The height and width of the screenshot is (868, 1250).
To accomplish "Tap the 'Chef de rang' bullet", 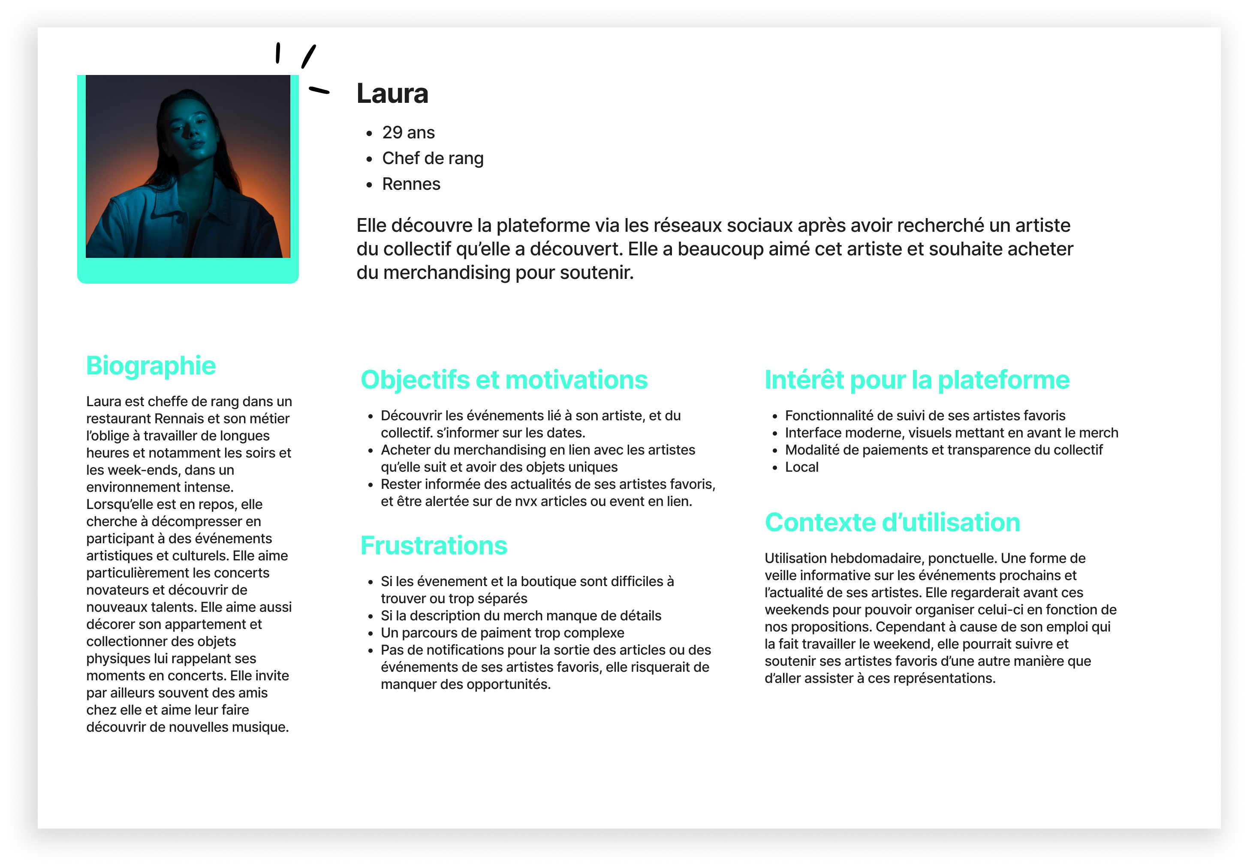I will click(432, 158).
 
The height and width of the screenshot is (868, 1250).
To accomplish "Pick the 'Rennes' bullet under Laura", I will click(411, 184).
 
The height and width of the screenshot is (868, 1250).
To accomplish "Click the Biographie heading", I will click(151, 365).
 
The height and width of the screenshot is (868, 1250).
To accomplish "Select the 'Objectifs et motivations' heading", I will click(503, 380).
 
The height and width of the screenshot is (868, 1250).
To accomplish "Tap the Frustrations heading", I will click(433, 545).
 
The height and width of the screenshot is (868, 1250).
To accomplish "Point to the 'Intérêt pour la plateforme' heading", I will click(916, 380).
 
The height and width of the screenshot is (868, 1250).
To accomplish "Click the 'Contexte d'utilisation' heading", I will click(892, 522).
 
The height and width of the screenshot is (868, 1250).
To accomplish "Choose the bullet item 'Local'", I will click(801, 467).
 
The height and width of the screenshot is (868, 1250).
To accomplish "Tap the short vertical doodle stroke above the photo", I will click(277, 53).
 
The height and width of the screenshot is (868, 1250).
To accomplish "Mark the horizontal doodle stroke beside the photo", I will click(319, 90).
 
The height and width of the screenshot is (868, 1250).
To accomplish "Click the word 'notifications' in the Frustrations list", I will click(457, 650).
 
